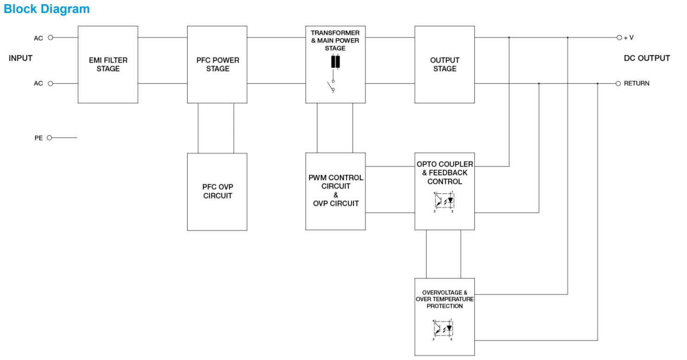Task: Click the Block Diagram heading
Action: [x=46, y=9]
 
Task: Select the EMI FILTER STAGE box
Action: [x=108, y=64]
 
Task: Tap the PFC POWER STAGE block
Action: [x=217, y=64]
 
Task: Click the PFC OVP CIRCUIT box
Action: [x=217, y=191]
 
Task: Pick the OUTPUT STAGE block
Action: [x=445, y=64]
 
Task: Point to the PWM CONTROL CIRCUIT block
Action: [x=335, y=190]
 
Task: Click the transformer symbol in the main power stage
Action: [x=335, y=62]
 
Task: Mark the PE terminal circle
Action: [x=50, y=137]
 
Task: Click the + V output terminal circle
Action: [x=619, y=38]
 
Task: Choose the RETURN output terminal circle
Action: [x=618, y=84]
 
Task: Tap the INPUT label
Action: [x=20, y=58]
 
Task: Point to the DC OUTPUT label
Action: [x=647, y=58]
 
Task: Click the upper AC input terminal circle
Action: [x=51, y=38]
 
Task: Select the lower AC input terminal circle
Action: [x=51, y=84]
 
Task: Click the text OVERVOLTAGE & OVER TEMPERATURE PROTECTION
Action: [x=445, y=299]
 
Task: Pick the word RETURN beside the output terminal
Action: [x=636, y=84]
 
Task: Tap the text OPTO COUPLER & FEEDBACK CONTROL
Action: [x=445, y=172]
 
